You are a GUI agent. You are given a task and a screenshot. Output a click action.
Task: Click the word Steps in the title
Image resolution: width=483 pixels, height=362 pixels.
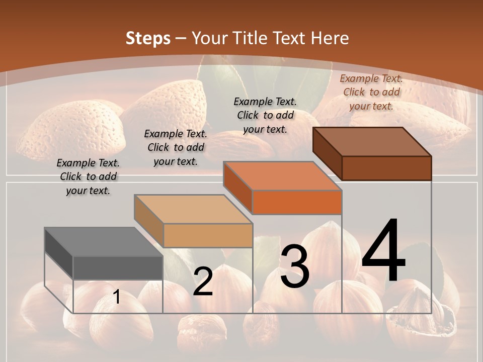tap(148, 38)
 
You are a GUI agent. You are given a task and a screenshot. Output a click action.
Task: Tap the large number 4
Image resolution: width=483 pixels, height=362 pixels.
tap(383, 251)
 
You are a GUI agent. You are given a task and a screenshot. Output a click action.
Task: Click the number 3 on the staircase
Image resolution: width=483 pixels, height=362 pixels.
tap(295, 266)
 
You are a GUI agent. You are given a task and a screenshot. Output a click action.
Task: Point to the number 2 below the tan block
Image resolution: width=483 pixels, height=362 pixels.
tap(203, 282)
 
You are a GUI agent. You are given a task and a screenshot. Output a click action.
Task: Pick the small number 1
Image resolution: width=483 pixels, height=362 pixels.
tap(116, 297)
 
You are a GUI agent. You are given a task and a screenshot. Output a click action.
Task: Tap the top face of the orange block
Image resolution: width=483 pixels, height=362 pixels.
tap(282, 176)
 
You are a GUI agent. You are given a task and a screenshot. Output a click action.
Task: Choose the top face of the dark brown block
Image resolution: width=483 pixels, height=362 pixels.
tap(372, 142)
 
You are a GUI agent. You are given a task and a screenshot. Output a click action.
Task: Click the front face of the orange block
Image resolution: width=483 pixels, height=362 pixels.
tap(297, 203)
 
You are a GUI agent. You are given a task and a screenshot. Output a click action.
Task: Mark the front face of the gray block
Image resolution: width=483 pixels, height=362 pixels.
tap(118, 267)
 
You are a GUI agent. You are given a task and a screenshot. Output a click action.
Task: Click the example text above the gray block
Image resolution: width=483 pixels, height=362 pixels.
tap(88, 177)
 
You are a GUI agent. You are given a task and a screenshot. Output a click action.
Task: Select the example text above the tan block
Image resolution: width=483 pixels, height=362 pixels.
tap(176, 147)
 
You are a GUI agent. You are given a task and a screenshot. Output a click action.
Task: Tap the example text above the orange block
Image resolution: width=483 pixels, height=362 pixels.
tap(265, 115)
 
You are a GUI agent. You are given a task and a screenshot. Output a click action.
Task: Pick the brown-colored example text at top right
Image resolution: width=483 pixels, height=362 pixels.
tap(371, 92)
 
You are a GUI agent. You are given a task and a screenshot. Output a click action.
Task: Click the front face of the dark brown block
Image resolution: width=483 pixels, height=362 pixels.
tap(386, 168)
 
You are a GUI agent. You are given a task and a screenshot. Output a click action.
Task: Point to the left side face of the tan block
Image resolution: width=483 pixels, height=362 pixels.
tap(149, 221)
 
